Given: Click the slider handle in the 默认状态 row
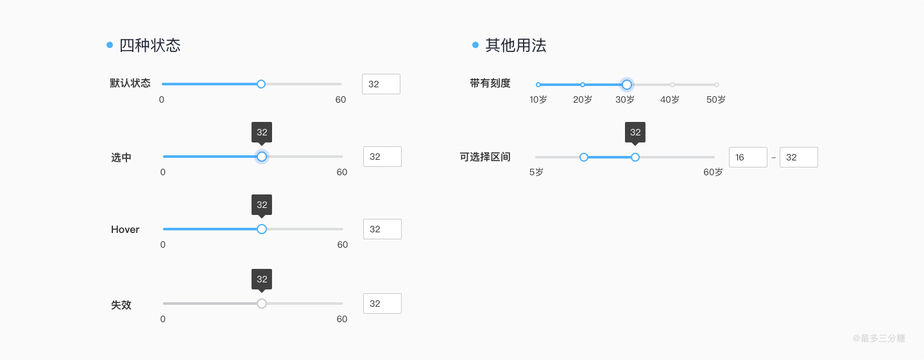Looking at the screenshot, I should pyautogui.click(x=261, y=84).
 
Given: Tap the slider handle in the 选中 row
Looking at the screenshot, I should pyautogui.click(x=262, y=157).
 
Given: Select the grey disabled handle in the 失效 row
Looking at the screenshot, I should pyautogui.click(x=262, y=304).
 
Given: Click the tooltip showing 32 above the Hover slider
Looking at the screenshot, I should pyautogui.click(x=262, y=205).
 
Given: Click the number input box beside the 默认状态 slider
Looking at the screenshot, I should pyautogui.click(x=381, y=84).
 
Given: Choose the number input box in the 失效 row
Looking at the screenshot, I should pyautogui.click(x=382, y=304).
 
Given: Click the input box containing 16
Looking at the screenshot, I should pyautogui.click(x=748, y=157).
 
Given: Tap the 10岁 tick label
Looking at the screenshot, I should pyautogui.click(x=538, y=100).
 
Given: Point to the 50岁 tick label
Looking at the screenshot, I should pyautogui.click(x=716, y=100).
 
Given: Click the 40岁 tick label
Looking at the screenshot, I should pyautogui.click(x=670, y=100).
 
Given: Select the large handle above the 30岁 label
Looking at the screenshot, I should pyautogui.click(x=627, y=85).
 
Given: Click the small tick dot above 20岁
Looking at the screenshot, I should pyautogui.click(x=583, y=85).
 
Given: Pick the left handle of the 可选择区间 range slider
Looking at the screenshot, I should pyautogui.click(x=584, y=157).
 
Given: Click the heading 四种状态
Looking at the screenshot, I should pyautogui.click(x=150, y=46).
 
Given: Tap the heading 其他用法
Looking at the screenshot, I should pyautogui.click(x=516, y=46).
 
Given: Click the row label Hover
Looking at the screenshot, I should pyautogui.click(x=125, y=230).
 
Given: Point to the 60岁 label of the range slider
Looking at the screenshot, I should pyautogui.click(x=713, y=173).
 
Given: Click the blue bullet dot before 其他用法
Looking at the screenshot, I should pyautogui.click(x=475, y=45).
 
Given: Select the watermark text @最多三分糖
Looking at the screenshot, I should pyautogui.click(x=878, y=338).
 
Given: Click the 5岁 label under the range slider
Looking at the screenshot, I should pyautogui.click(x=536, y=173).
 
